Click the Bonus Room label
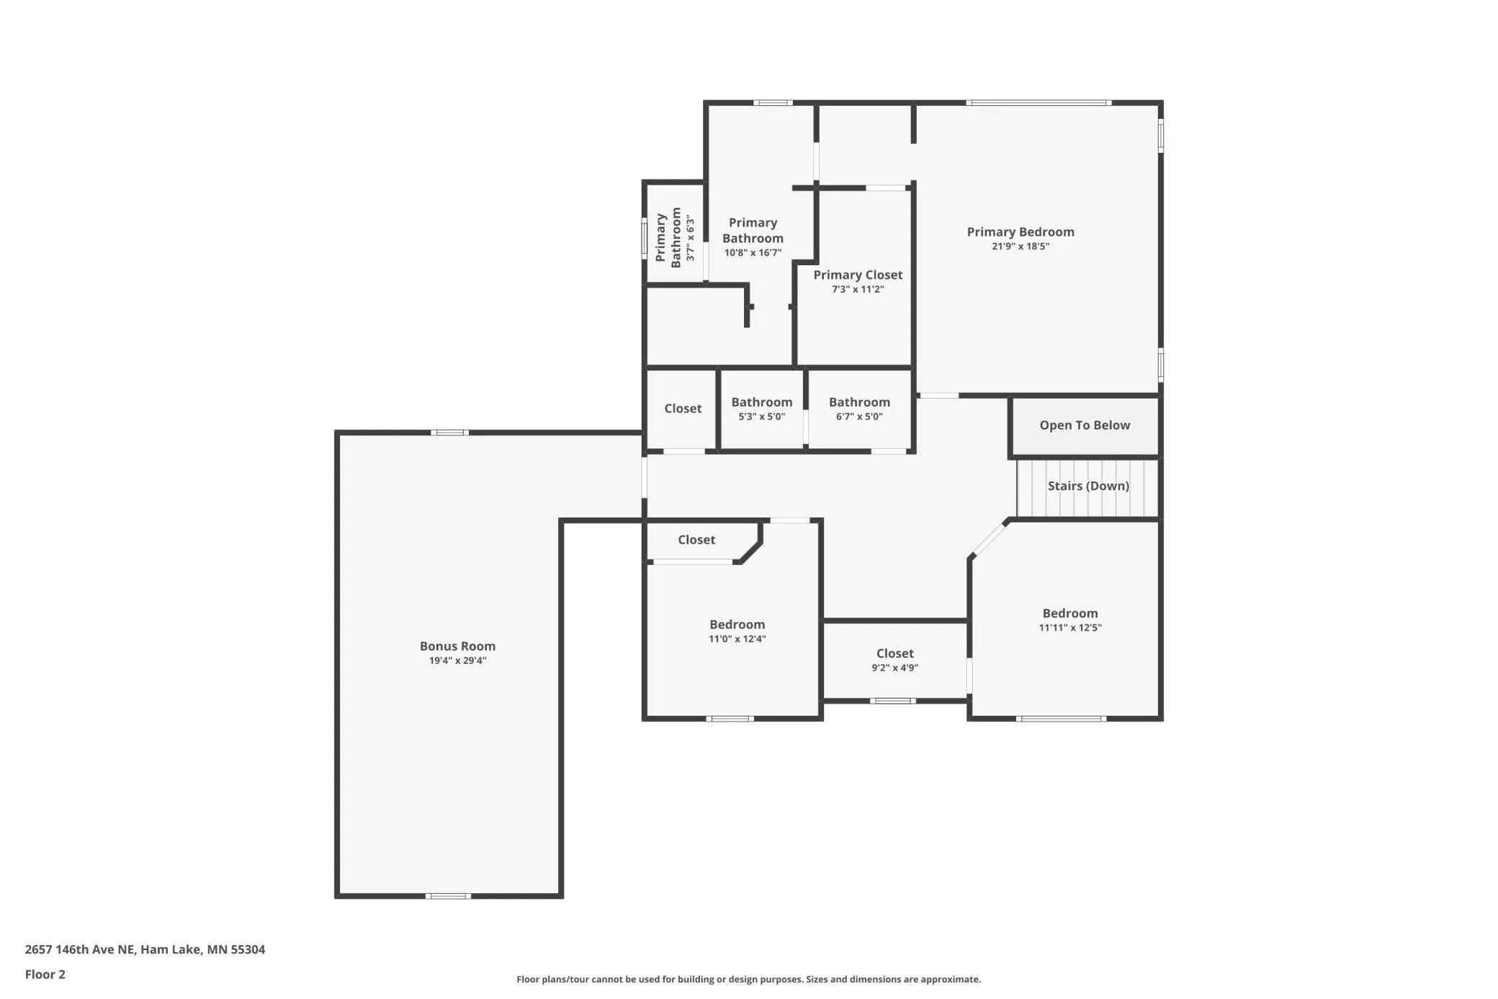[457, 646]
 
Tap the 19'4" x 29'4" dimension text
[457, 660]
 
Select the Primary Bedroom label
[1020, 232]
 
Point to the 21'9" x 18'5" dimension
[1020, 247]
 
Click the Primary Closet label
[858, 275]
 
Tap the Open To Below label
[1085, 425]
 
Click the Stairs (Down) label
[1087, 486]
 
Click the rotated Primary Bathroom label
[668, 238]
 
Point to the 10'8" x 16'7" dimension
[753, 253]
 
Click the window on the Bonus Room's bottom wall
[448, 896]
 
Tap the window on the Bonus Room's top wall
[449, 432]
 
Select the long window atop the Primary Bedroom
[1039, 103]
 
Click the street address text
[145, 949]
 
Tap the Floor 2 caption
[45, 974]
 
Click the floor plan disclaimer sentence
[748, 979]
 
